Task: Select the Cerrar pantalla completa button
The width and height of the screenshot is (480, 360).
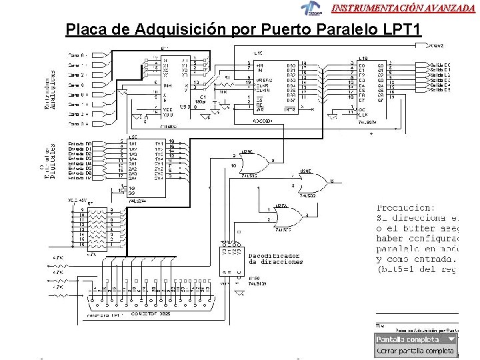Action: [415, 351]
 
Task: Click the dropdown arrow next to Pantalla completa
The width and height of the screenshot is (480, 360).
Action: [451, 339]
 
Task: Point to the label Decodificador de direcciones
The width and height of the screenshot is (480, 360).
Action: [274, 259]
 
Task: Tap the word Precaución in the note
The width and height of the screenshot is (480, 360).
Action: [405, 207]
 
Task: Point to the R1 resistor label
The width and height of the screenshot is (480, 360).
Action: [227, 77]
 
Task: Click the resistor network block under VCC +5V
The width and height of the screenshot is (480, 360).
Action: [96, 226]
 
